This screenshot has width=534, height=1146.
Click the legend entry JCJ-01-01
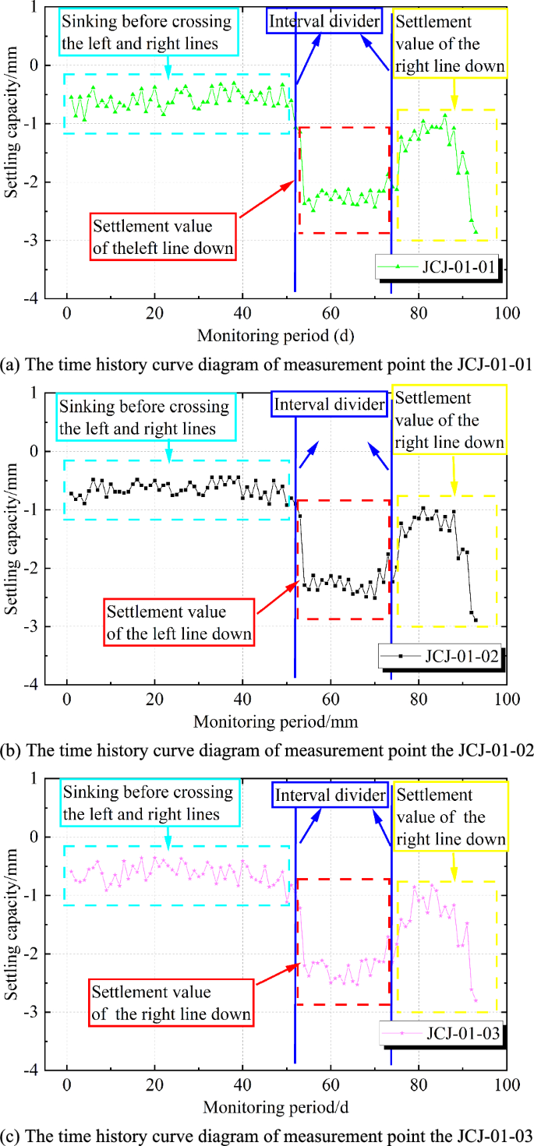tap(439, 269)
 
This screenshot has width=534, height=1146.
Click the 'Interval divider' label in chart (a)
tap(325, 21)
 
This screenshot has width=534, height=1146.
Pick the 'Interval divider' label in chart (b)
tap(328, 405)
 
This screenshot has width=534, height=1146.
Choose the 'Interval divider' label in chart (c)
tap(328, 795)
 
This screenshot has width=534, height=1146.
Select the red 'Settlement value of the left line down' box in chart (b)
tap(179, 622)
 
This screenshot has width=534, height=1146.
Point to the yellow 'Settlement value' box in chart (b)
tap(449, 421)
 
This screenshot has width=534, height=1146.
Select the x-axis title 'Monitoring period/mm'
tap(276, 722)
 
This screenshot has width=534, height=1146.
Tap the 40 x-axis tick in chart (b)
tap(242, 700)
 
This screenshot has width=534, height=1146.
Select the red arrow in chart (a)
tap(266, 198)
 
